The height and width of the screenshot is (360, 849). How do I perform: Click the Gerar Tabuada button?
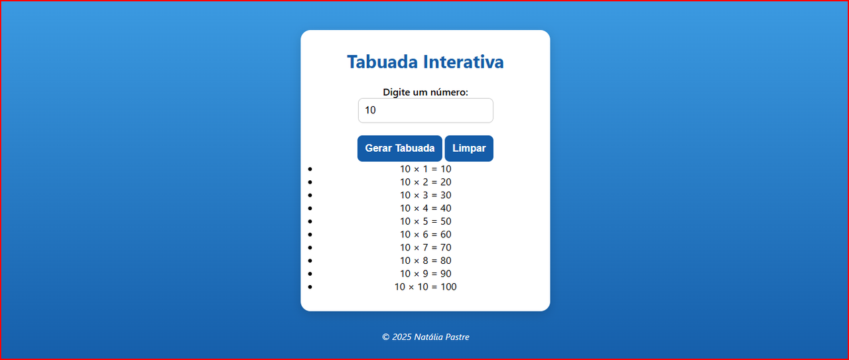tap(399, 148)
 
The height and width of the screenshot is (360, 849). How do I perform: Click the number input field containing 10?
tap(426, 110)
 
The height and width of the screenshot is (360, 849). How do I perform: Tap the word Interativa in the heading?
tap(464, 62)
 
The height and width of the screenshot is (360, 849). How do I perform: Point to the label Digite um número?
tap(426, 92)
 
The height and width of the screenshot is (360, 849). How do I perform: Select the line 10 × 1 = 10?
tap(426, 169)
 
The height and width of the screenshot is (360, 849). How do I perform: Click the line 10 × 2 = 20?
tap(426, 182)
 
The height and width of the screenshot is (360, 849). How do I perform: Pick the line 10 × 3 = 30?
tap(426, 195)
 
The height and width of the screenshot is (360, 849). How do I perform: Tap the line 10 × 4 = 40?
tap(426, 208)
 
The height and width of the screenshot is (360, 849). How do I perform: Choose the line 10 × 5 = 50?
tap(426, 221)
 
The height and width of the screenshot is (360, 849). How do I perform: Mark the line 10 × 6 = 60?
tap(426, 234)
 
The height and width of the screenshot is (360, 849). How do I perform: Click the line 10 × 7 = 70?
tap(426, 247)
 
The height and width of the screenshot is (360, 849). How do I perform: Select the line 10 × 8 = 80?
tap(426, 261)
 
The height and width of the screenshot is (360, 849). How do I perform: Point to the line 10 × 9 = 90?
tap(426, 274)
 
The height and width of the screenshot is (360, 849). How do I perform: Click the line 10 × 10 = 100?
tap(426, 286)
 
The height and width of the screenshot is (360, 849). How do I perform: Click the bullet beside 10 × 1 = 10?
tap(310, 169)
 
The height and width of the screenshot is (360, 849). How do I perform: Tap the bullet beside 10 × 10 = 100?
tap(310, 287)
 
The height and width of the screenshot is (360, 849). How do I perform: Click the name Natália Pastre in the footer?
tap(442, 337)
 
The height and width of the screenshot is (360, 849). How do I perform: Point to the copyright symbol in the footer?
tap(386, 337)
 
